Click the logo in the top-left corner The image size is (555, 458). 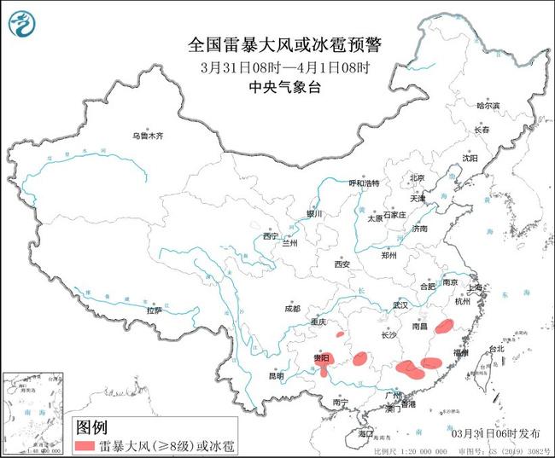click(23, 26)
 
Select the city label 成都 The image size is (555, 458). click(293, 308)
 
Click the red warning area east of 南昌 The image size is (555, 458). click(444, 326)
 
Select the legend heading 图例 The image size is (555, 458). click(91, 426)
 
